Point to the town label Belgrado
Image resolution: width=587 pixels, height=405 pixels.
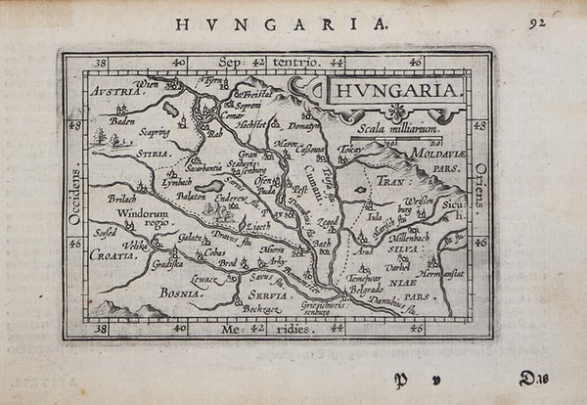click(x=367, y=291)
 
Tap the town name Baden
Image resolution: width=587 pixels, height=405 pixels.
click(x=121, y=122)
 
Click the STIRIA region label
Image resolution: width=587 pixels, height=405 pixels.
click(x=151, y=154)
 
